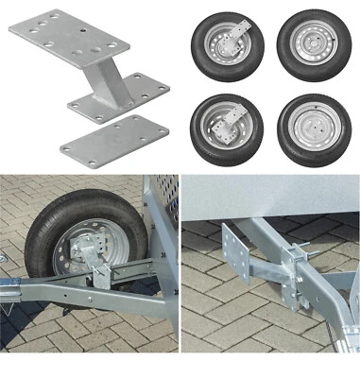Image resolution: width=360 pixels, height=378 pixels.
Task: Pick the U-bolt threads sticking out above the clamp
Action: pyautogui.click(x=301, y=249)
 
